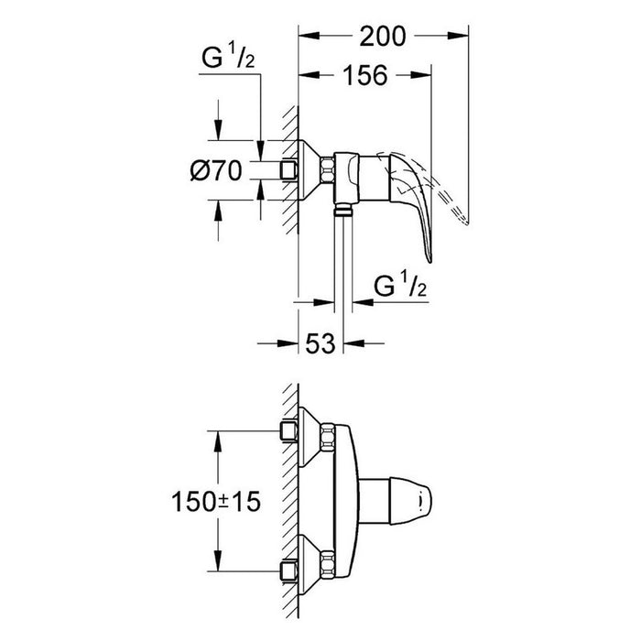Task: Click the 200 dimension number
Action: pos(383,37)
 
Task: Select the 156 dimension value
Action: pos(364,75)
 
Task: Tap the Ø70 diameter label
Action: pos(216,170)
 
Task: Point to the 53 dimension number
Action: pos(320,343)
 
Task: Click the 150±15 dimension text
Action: pos(216,502)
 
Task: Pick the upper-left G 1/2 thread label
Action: pos(228,56)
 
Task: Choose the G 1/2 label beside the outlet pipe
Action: pos(400,285)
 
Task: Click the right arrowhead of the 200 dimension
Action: pos(458,36)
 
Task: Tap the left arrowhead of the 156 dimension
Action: pos(309,75)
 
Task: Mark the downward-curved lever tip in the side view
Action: pos(429,258)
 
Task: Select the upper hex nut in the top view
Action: pos(328,437)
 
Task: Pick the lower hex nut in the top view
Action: pos(328,565)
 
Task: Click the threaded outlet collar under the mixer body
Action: pos(343,211)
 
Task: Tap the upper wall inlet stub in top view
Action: pos(288,431)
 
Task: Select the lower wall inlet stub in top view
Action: pos(288,570)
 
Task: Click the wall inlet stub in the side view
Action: pos(288,170)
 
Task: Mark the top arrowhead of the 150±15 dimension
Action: pos(218,441)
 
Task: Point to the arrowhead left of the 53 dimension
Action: pos(288,343)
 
